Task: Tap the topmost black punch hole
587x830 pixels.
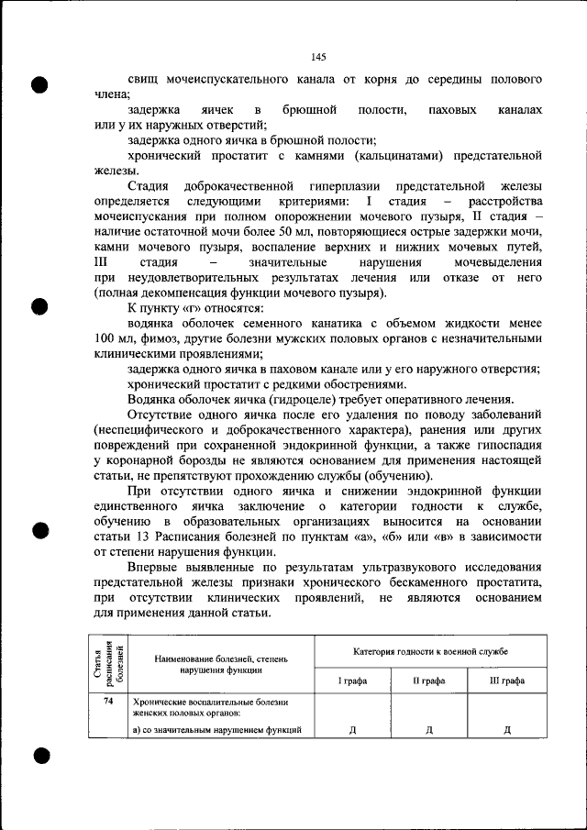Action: coord(39,83)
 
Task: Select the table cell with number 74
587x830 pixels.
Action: coord(108,702)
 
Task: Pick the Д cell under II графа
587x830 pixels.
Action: coord(429,730)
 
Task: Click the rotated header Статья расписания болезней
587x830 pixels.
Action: coord(108,664)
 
